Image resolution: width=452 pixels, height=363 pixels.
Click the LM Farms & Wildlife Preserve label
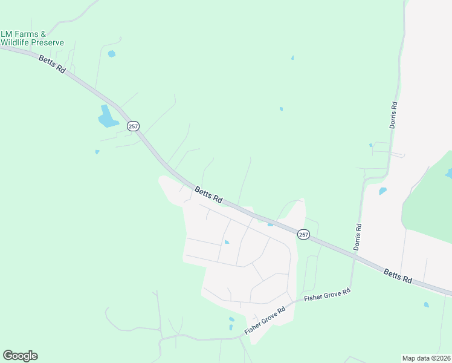[x=32, y=38]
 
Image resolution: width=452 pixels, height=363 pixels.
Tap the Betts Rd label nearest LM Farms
[x=52, y=65]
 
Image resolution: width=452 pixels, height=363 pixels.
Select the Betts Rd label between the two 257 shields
[x=208, y=195]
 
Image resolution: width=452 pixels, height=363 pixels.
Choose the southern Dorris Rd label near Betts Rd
[x=358, y=237]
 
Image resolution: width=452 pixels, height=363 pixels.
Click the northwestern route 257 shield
[x=133, y=126]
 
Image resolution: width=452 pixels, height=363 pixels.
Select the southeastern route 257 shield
[x=303, y=234]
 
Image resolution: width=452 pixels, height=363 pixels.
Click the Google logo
[x=20, y=356]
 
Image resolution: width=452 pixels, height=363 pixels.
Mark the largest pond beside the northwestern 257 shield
[x=108, y=117]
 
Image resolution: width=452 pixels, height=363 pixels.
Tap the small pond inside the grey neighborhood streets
[x=227, y=242]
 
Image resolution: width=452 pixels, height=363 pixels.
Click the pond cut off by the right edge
[x=448, y=174]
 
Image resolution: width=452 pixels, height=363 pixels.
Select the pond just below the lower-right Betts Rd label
[x=426, y=304]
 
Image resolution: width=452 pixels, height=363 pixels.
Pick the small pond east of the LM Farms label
[x=111, y=54]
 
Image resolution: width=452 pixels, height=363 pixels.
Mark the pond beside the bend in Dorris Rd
[x=382, y=191]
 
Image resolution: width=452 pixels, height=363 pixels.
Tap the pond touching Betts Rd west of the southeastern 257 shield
[x=270, y=224]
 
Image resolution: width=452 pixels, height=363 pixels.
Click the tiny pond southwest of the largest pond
[x=97, y=152]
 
